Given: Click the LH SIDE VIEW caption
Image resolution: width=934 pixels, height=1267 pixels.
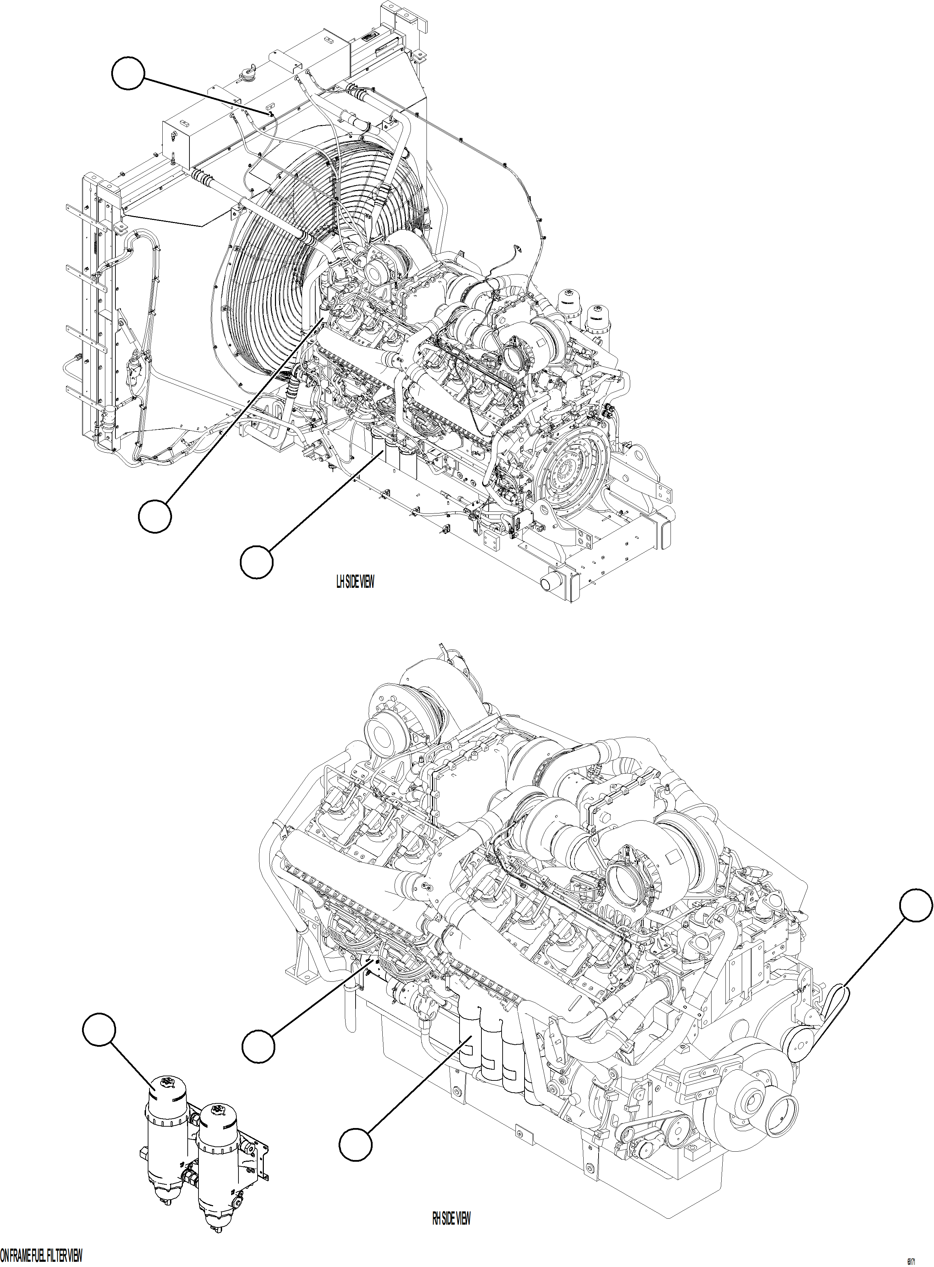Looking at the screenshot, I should tap(355, 582).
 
